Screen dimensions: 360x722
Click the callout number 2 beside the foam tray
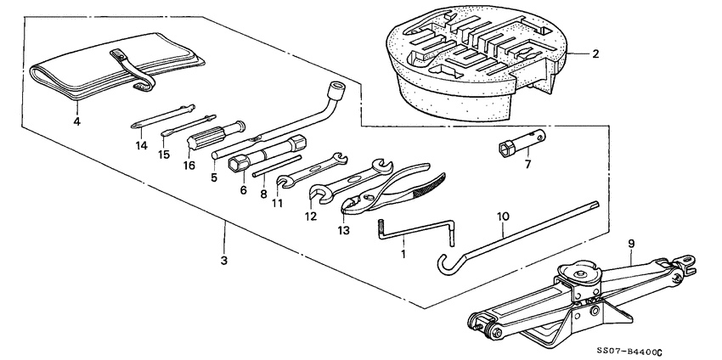tap(595, 54)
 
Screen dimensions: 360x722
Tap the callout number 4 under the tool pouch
tap(77, 121)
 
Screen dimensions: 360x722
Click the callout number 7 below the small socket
tap(527, 164)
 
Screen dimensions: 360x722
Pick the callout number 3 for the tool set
tap(224, 260)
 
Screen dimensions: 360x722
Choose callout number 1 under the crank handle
tap(403, 254)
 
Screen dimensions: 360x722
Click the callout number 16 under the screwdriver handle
tap(189, 166)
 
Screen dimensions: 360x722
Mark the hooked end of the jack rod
tap(443, 259)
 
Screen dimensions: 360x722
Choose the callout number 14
tap(141, 145)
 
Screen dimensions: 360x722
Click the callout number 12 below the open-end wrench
tap(312, 217)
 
